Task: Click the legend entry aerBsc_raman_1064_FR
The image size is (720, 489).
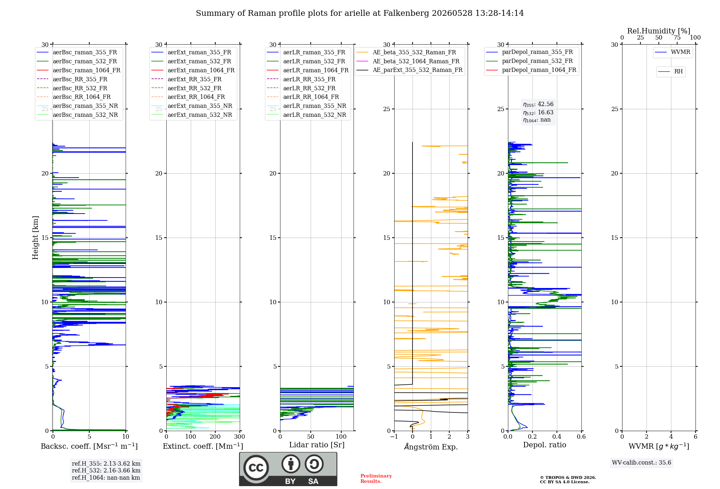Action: [x=86, y=70]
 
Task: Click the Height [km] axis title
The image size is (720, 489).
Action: [x=35, y=238]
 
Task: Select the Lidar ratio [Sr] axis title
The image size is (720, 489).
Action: [x=317, y=445]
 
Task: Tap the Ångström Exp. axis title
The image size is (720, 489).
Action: [x=431, y=447]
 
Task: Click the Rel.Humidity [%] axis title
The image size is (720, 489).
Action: [x=659, y=31]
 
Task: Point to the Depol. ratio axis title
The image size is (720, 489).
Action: [x=545, y=445]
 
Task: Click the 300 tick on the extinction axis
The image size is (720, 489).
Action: [x=239, y=437]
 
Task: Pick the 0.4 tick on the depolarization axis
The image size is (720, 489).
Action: [x=557, y=437]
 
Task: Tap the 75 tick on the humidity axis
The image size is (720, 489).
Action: [x=677, y=37]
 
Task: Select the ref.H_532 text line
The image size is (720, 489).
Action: [x=106, y=470]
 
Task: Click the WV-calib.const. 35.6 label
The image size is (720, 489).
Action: [x=642, y=463]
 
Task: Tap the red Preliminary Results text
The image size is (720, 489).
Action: [x=376, y=479]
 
